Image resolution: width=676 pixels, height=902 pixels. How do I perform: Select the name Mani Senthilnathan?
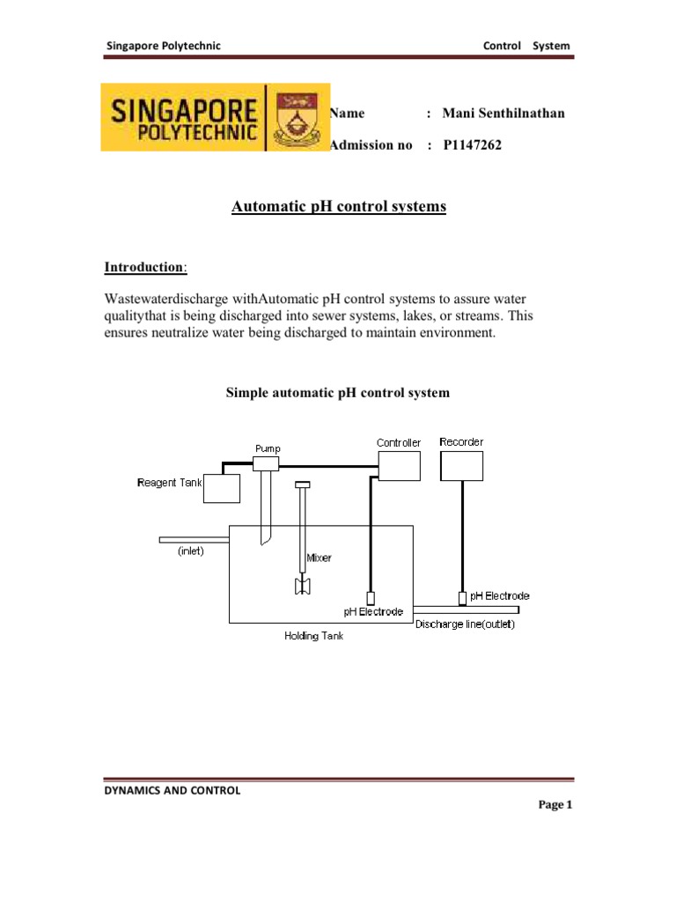click(x=503, y=113)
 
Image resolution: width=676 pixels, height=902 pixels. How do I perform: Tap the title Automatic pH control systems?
click(x=339, y=207)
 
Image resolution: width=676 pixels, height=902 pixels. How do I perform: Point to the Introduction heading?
click(x=145, y=266)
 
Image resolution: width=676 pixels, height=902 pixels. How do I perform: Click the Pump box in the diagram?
click(x=266, y=463)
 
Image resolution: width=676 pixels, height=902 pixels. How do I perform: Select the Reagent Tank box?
click(x=222, y=488)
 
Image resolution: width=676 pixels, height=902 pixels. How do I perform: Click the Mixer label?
click(x=319, y=558)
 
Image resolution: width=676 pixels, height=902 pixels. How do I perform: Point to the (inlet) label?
click(x=191, y=552)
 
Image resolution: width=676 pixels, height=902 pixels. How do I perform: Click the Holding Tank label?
click(x=313, y=636)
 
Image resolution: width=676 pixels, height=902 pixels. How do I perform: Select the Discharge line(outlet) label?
click(x=465, y=625)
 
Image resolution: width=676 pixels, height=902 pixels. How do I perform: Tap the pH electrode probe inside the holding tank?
click(x=371, y=598)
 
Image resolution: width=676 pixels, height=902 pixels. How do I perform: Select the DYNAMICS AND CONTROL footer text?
click(x=172, y=790)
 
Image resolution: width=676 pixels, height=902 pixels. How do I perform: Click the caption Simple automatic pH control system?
click(x=338, y=393)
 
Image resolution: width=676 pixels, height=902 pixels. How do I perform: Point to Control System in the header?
click(x=526, y=45)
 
